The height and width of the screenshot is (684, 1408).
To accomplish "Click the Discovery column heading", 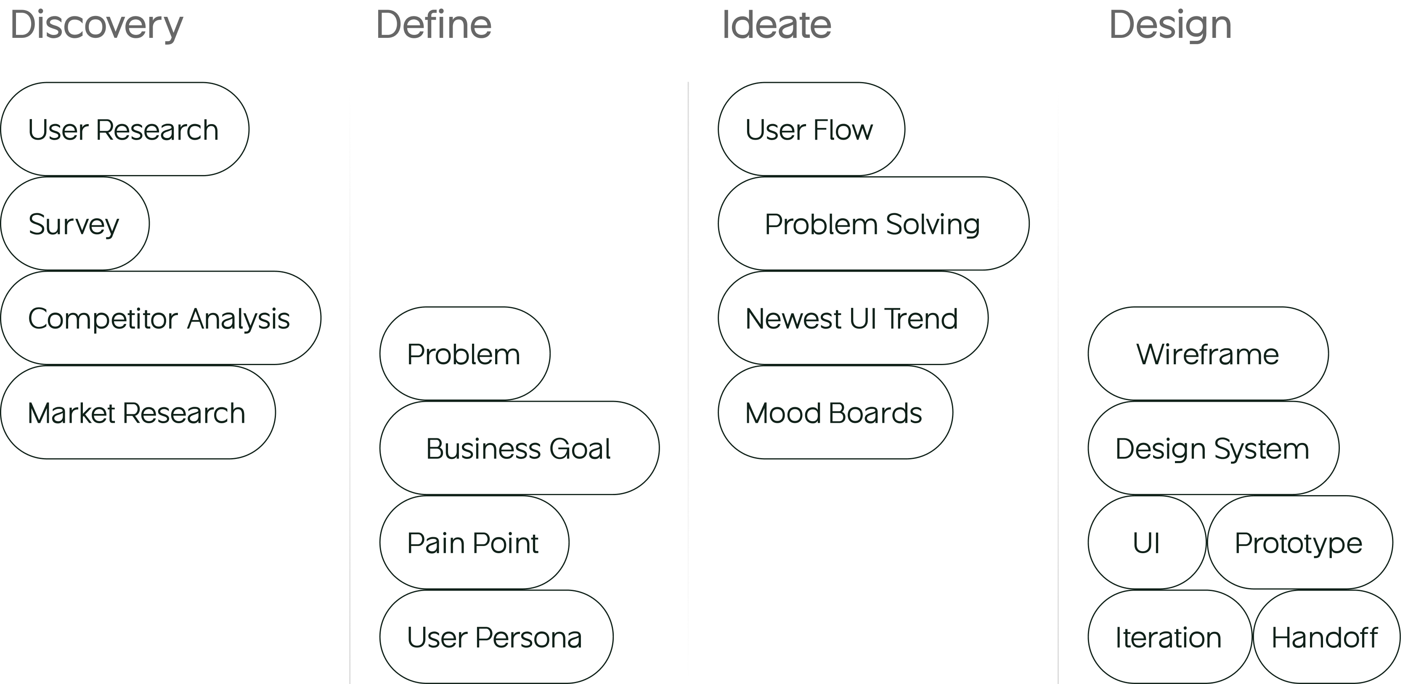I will (x=97, y=25).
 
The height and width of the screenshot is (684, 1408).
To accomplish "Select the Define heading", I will (x=433, y=25).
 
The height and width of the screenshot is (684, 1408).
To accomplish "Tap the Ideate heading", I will (x=776, y=25).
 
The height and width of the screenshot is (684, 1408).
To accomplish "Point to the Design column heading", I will (x=1170, y=25).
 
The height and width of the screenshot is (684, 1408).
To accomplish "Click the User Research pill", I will (x=124, y=130).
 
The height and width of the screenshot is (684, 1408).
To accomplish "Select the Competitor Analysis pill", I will (x=159, y=318).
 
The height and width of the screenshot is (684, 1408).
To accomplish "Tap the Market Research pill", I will (x=137, y=413).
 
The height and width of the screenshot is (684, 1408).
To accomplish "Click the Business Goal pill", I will (x=519, y=448).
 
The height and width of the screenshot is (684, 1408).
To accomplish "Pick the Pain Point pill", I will (x=473, y=543).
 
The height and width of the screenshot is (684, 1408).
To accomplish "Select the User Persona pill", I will (x=495, y=637).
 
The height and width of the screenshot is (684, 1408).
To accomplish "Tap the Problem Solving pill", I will (x=873, y=224).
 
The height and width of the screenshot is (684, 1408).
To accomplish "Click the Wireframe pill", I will (x=1207, y=354).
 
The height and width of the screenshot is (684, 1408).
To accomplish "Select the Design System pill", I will (x=1212, y=448).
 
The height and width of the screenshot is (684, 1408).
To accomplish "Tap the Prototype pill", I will (x=1299, y=543).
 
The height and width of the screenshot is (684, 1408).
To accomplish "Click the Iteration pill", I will (x=1169, y=637).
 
